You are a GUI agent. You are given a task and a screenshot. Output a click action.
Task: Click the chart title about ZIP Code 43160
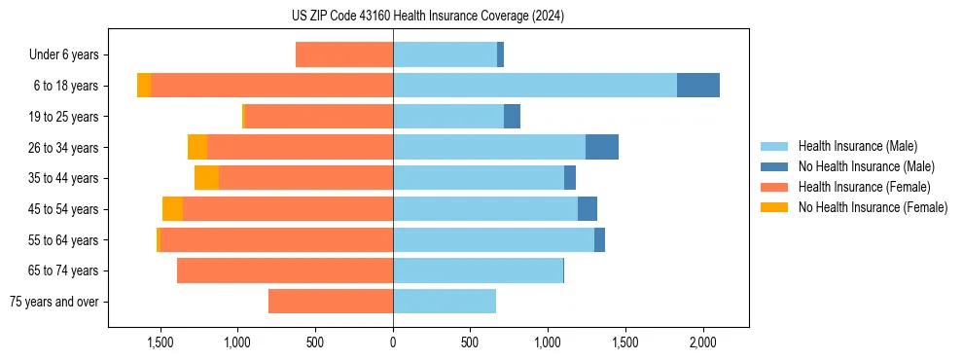[428, 17]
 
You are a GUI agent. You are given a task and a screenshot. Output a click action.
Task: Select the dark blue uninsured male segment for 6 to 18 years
[697, 86]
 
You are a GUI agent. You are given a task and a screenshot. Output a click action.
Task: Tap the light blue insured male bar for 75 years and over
[445, 302]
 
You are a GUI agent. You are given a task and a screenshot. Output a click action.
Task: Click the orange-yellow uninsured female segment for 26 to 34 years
[197, 147]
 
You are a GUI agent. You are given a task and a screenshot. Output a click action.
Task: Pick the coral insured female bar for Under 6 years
[344, 54]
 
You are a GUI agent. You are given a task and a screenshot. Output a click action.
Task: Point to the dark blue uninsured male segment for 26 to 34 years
[602, 147]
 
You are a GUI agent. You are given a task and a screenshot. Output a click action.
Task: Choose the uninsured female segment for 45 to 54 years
[172, 209]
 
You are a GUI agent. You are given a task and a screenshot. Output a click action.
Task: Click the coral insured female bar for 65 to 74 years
[285, 270]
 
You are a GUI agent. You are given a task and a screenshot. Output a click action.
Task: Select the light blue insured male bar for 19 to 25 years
[448, 117]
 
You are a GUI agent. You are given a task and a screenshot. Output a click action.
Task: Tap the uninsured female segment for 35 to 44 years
[206, 178]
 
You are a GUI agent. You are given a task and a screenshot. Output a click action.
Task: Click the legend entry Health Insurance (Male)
[857, 146]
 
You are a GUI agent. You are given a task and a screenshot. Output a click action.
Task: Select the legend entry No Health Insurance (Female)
[873, 207]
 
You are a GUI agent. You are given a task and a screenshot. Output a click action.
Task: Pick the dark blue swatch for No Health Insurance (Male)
[774, 166]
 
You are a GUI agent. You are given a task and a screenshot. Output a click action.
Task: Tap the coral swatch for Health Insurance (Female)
[774, 187]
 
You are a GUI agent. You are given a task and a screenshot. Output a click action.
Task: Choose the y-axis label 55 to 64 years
[70, 240]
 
